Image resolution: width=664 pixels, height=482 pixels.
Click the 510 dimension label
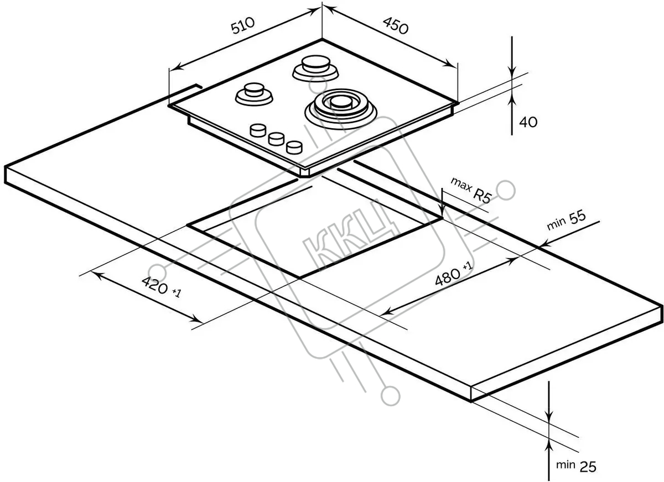tap(243, 25)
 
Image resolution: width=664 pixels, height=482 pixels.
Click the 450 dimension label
tap(396, 25)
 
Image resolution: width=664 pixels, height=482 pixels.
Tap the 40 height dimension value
tap(528, 122)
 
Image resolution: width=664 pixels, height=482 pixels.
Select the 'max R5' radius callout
tap(471, 190)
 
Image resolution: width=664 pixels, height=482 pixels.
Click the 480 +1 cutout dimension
tap(454, 273)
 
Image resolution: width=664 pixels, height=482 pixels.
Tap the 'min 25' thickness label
tap(576, 466)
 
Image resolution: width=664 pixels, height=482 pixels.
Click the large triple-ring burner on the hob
tap(341, 109)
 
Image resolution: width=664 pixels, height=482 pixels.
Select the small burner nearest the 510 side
tap(254, 94)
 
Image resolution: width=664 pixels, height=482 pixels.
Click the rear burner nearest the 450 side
tap(315, 69)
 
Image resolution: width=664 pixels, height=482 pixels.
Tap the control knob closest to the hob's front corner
tap(294, 147)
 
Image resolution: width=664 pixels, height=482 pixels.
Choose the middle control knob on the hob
tap(276, 139)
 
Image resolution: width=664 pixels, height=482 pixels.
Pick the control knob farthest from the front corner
tap(258, 130)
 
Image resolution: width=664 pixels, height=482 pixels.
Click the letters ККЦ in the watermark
tap(350, 234)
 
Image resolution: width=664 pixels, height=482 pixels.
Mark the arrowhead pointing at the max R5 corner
tap(442, 213)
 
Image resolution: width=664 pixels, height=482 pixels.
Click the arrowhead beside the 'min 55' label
tap(546, 244)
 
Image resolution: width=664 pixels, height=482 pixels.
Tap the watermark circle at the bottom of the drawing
tap(391, 396)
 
